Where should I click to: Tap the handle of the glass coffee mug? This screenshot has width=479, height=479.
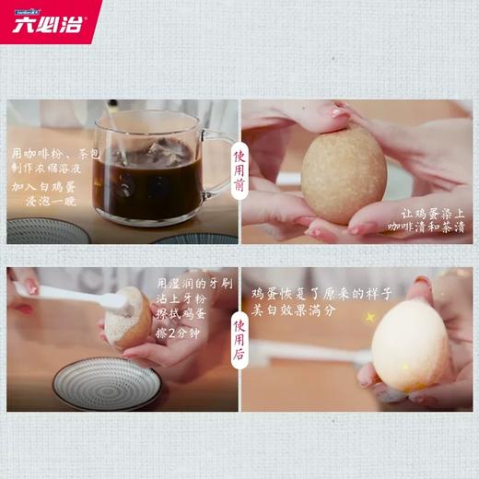[217, 164]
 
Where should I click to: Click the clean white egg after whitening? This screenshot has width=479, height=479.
[410, 345]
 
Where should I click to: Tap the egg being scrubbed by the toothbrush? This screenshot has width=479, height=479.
[126, 318]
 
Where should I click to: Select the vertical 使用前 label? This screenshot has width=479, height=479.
[239, 171]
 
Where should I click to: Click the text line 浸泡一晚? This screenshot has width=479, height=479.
[51, 202]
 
